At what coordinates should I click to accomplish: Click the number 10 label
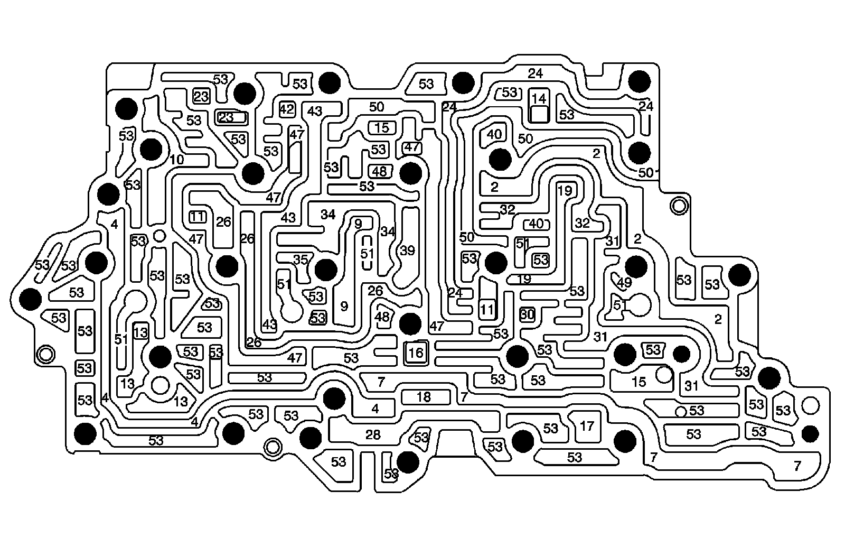coord(177,159)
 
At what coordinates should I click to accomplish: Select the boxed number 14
coord(539,99)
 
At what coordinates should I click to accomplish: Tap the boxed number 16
coord(416,353)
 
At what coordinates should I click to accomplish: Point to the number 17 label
coord(587,425)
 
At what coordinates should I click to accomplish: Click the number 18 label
coord(424,397)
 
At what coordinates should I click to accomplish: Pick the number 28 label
coord(373,434)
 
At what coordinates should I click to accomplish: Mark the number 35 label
coord(300,260)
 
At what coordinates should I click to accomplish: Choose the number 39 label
coord(407,251)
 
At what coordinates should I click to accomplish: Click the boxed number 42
coord(287,109)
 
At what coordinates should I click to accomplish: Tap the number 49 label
coord(624,282)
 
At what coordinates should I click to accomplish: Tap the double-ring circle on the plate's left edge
coord(45,353)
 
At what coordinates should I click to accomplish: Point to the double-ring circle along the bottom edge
coord(273,447)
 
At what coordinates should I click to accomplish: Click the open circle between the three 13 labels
coord(159,385)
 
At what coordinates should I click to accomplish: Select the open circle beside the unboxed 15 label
coord(663,375)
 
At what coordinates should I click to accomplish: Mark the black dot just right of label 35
coord(325,270)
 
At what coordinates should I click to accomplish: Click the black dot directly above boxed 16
coord(410,323)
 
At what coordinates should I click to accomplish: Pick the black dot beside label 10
coord(151,149)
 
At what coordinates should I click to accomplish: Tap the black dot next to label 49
coord(635,266)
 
